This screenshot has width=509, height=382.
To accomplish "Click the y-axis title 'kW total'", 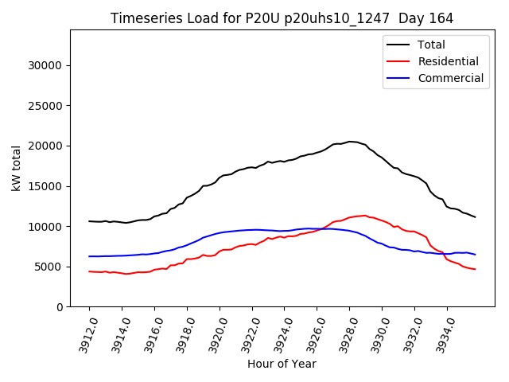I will coord(16,169).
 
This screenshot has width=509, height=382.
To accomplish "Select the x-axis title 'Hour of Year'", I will coord(282,364).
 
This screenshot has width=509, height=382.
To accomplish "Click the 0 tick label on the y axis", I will coord(60,307).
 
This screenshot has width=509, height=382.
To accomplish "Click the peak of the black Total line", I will coord(350,142).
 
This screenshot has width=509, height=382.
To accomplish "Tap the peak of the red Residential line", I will coord(365,215).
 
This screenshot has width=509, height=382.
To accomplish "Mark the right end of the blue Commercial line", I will coord(475,255).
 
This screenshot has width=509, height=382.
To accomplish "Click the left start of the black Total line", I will coord(89,221).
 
